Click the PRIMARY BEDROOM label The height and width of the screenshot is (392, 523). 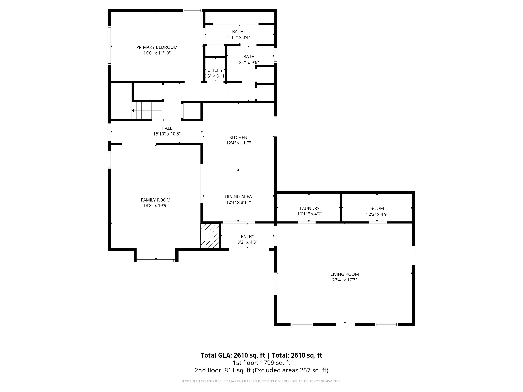[x=157, y=47]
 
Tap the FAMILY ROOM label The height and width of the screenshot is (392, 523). [x=156, y=200]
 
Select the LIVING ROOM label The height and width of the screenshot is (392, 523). [x=344, y=274]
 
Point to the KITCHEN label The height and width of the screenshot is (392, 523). [x=238, y=137]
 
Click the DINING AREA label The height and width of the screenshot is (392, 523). [x=238, y=197]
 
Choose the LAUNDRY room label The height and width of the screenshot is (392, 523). [x=310, y=208]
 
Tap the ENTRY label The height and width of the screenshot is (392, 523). [x=247, y=236]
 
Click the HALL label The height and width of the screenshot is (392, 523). [x=167, y=128]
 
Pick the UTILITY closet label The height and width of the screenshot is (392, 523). [x=215, y=70]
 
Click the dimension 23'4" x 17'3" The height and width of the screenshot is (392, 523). [x=344, y=280]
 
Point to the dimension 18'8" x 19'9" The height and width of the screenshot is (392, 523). [x=156, y=206]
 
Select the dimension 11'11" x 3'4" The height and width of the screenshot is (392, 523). [x=237, y=37]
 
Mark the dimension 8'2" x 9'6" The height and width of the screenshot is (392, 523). [x=249, y=62]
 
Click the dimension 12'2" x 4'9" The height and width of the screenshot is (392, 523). [x=377, y=214]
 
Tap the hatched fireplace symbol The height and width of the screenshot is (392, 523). [x=210, y=236]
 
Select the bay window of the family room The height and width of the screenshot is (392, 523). [x=156, y=261]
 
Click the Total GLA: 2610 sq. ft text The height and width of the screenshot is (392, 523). [x=233, y=355]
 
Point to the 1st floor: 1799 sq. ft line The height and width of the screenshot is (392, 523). [x=261, y=363]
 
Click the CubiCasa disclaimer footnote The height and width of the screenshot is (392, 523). [x=261, y=381]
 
